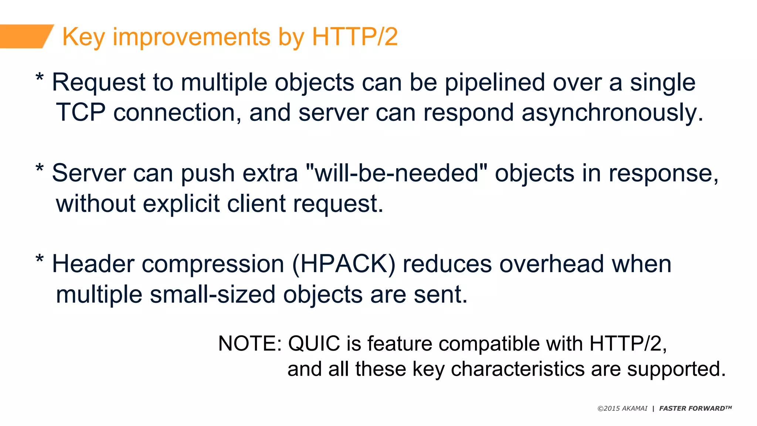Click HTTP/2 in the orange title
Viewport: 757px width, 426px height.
click(x=354, y=37)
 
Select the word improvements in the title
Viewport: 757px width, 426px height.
click(x=191, y=37)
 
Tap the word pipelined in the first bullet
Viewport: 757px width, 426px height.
click(x=495, y=82)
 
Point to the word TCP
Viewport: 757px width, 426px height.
click(x=81, y=112)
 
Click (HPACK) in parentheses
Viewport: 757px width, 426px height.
click(x=344, y=264)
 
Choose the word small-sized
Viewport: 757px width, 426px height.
click(x=213, y=295)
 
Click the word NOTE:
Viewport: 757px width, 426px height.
click(x=250, y=344)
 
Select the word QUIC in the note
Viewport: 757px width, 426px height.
click(x=314, y=344)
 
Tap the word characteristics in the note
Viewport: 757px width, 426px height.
click(x=517, y=369)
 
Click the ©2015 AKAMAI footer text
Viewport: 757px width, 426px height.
click(x=622, y=409)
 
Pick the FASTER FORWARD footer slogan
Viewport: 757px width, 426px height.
click(x=695, y=408)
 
